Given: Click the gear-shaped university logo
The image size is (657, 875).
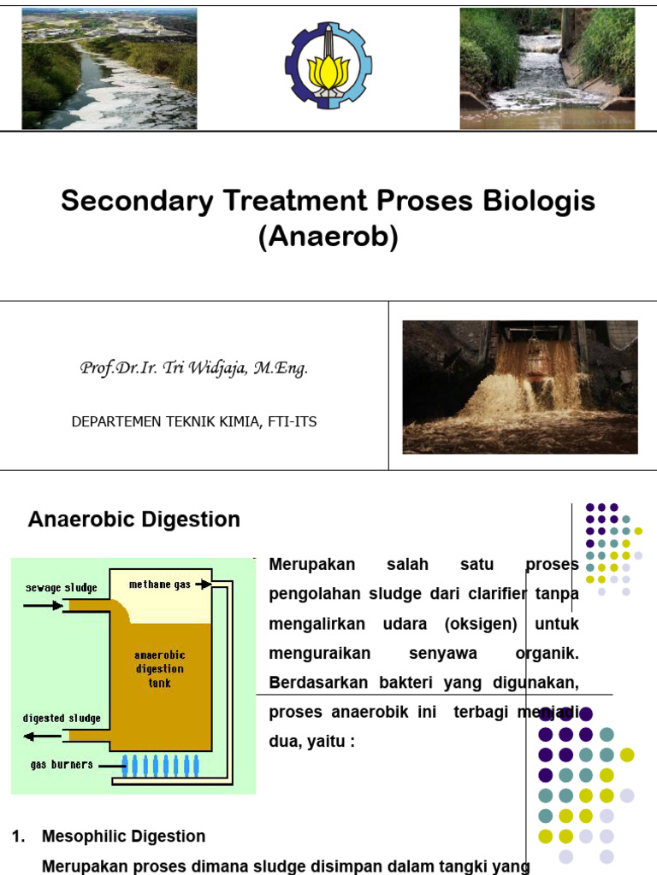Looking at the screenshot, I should click(x=328, y=66).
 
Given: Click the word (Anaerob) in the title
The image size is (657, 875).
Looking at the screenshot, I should click(x=328, y=238).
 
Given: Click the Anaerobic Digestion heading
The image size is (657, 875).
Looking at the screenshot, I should click(x=134, y=520).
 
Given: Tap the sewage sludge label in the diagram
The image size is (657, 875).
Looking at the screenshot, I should click(x=61, y=588).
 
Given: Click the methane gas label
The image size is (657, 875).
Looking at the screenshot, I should click(x=161, y=584).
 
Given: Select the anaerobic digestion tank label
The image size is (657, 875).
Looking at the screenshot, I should click(x=159, y=669).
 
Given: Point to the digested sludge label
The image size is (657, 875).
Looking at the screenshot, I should click(x=62, y=718).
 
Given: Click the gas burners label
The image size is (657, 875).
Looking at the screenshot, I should click(x=62, y=765).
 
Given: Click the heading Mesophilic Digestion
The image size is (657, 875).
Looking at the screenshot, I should click(x=124, y=837).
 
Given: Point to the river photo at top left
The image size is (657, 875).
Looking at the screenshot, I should click(x=109, y=68).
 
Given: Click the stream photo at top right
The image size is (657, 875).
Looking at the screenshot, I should click(x=547, y=68).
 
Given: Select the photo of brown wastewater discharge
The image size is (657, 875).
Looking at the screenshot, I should click(x=520, y=387).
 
